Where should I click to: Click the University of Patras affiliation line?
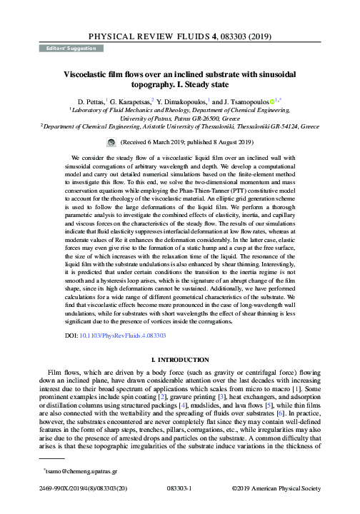tap(179, 119)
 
